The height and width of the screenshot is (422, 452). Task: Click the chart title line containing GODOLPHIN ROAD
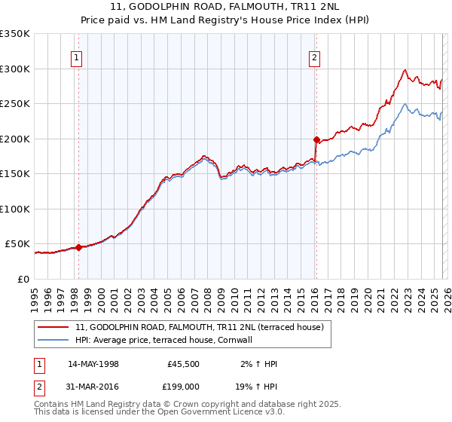pos(226,7)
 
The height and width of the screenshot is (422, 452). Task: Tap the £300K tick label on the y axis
pos(15,69)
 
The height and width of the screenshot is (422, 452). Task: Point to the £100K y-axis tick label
pos(15,209)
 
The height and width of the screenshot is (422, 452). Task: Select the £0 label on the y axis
pos(23,279)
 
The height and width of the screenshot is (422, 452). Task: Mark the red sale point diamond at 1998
pos(78,247)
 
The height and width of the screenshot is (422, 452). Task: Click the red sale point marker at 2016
pos(316,139)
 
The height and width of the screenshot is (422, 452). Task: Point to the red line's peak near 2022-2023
pos(405,70)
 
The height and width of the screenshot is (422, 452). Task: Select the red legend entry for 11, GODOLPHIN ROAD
pos(199,327)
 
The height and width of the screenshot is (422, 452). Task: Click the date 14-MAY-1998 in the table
pos(93,364)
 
